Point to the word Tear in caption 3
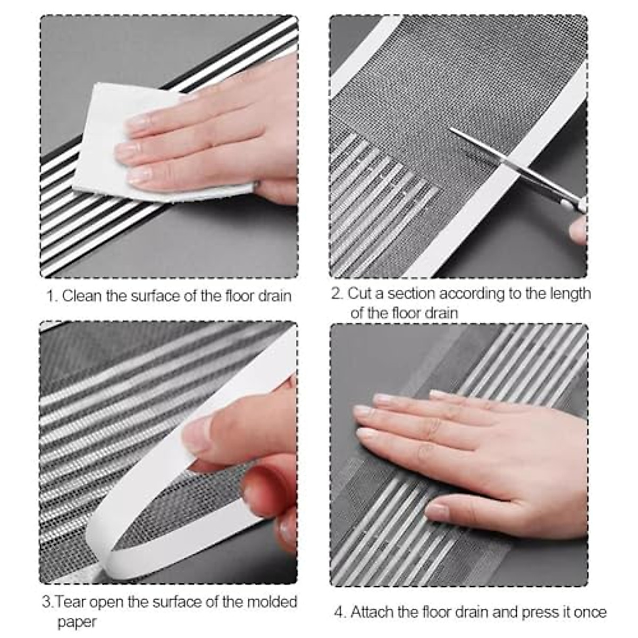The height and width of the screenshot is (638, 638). pyautogui.click(x=72, y=602)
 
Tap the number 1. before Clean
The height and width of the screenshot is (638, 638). pyautogui.click(x=52, y=296)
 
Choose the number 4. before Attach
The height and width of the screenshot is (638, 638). pyautogui.click(x=340, y=612)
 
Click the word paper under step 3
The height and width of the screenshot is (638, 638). pyautogui.click(x=77, y=622)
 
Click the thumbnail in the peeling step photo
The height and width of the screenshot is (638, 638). pyautogui.click(x=199, y=433)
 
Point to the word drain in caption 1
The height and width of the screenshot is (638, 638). pyautogui.click(x=274, y=296)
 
